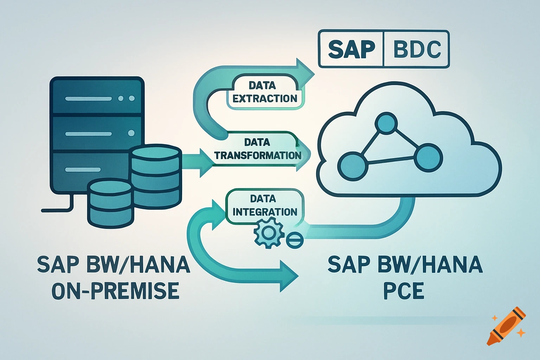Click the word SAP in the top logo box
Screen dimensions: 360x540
click(351, 49)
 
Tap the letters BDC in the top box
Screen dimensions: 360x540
click(417, 49)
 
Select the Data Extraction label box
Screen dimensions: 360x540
click(264, 92)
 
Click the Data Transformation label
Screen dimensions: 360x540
click(258, 149)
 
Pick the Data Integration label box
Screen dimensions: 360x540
click(264, 205)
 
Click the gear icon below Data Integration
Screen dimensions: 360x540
click(269, 232)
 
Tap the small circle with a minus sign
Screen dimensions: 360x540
click(294, 240)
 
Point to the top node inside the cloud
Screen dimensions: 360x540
click(386, 123)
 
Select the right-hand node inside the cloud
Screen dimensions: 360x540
click(428, 157)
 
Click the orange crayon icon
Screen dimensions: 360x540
click(506, 326)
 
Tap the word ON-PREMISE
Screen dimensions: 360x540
click(115, 291)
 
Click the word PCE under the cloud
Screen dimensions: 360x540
click(404, 291)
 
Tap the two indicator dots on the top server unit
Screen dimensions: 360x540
click(126, 98)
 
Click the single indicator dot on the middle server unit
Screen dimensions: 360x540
click(131, 133)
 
